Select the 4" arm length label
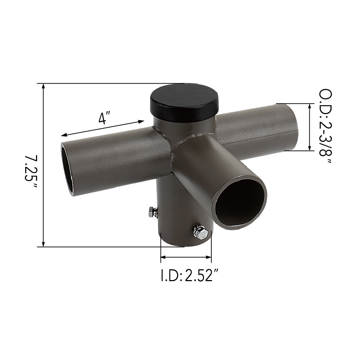point(104,118)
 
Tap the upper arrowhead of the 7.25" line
point(44,86)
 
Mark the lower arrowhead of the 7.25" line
point(44,244)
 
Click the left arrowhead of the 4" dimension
point(63,135)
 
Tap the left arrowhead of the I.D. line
point(163,257)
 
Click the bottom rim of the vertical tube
point(185,246)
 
